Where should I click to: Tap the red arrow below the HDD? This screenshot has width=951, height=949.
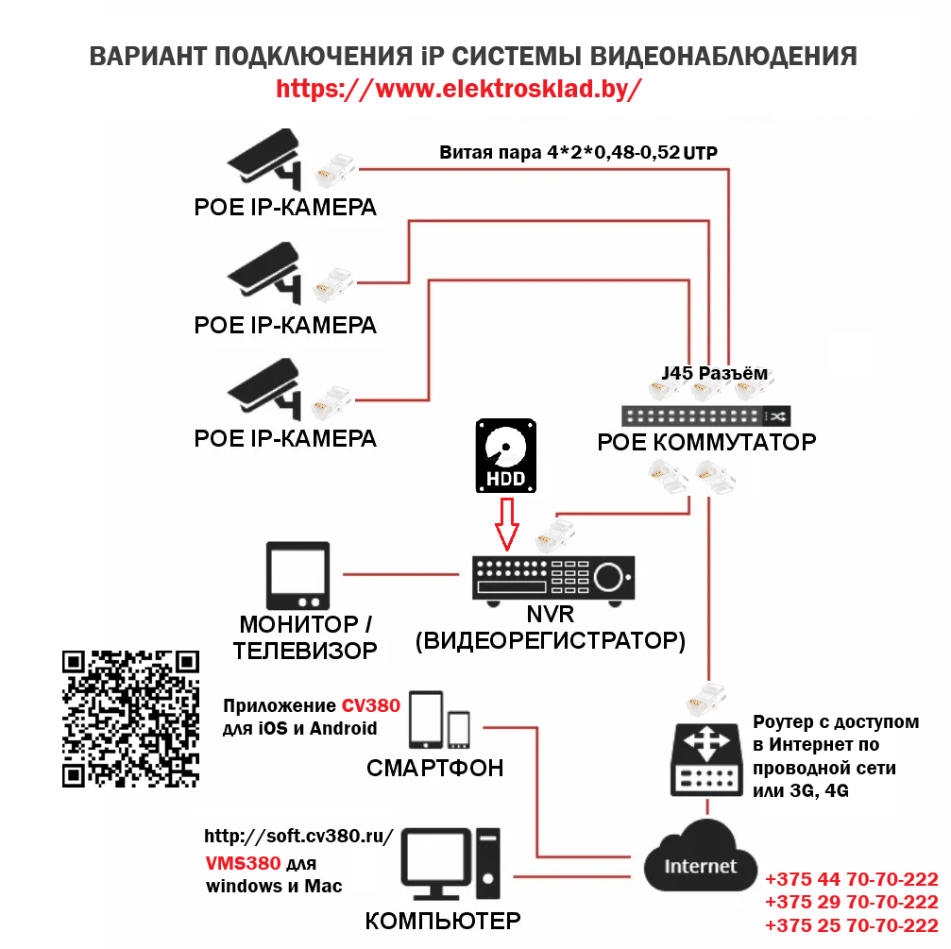click(507, 524)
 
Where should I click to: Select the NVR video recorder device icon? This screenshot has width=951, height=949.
click(553, 578)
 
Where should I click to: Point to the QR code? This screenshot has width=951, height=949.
click(130, 719)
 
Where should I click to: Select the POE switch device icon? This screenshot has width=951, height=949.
click(706, 415)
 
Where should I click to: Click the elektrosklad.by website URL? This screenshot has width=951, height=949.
click(459, 89)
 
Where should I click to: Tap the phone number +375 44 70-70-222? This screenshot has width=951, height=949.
click(851, 877)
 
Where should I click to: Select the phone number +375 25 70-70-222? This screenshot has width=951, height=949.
click(851, 924)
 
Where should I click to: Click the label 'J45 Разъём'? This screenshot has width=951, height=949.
click(715, 373)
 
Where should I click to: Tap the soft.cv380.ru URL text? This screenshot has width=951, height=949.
click(297, 838)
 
